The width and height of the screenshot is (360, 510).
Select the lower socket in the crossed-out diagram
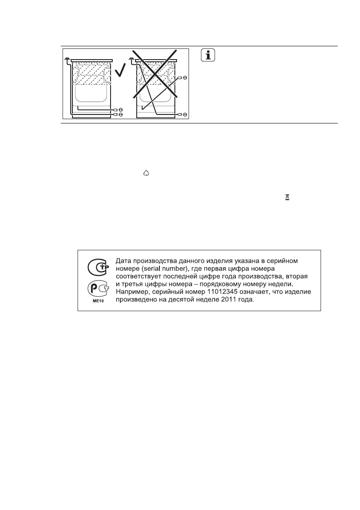coord(185,114)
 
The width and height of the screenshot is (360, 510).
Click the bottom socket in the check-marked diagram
coord(120,115)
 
